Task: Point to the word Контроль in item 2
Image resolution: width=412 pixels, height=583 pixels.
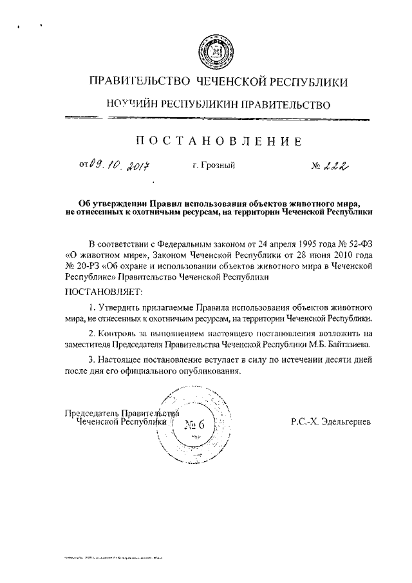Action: (120, 334)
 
